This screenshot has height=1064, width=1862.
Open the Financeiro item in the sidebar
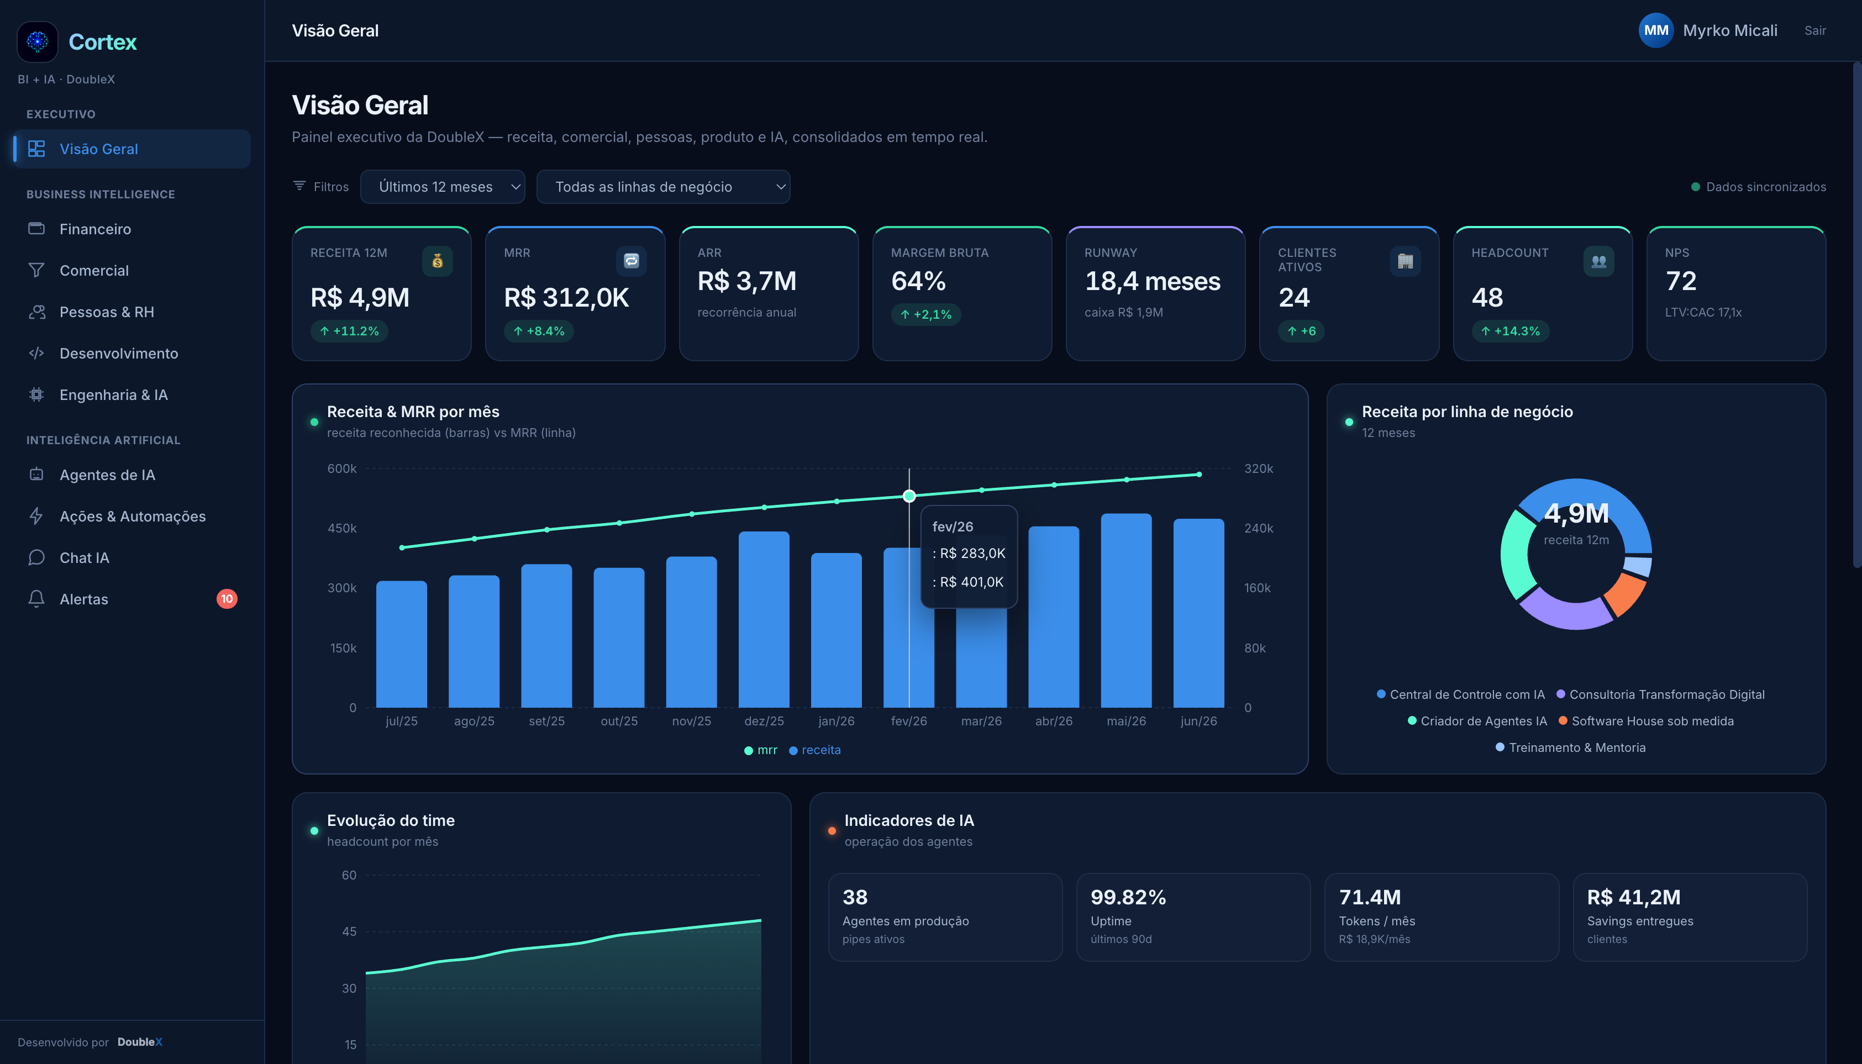(95, 229)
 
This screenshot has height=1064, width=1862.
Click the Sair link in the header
(1814, 31)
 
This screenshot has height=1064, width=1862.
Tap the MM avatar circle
(1655, 31)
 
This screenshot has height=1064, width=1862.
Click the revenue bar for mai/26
(1126, 610)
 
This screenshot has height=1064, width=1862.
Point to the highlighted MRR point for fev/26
(909, 496)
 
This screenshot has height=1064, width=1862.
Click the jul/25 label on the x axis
(401, 721)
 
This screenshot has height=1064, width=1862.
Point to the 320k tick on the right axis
(1259, 468)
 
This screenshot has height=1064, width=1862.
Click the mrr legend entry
(761, 750)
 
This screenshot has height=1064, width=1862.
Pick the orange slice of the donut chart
(1625, 593)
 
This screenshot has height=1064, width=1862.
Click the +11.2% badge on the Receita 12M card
(349, 331)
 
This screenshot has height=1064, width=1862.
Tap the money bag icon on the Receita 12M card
(438, 261)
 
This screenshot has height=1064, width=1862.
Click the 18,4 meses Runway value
(1153, 281)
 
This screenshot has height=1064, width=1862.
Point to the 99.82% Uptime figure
(1128, 897)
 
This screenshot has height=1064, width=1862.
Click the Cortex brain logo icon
(37, 41)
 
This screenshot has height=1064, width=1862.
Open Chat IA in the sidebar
(84, 557)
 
